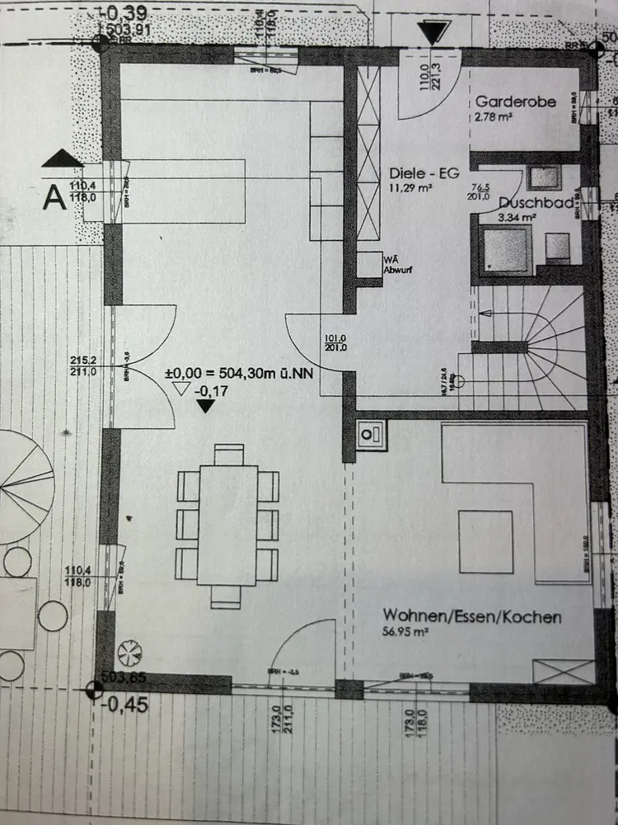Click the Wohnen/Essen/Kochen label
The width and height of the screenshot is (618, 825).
pyautogui.click(x=471, y=616)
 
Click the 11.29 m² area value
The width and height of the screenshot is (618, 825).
pyautogui.click(x=410, y=189)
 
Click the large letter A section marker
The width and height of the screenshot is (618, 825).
pyautogui.click(x=55, y=198)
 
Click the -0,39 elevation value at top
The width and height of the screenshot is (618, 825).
pyautogui.click(x=124, y=14)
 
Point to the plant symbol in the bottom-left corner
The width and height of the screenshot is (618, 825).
pyautogui.click(x=130, y=654)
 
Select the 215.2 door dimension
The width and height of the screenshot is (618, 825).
pyautogui.click(x=84, y=361)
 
